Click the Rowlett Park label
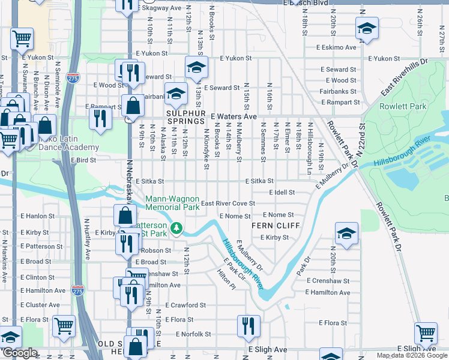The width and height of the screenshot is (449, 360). tap(403, 107)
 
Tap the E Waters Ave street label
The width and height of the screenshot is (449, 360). tap(234, 116)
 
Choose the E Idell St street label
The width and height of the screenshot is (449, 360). tap(279, 193)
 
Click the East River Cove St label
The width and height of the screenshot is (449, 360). tap(228, 204)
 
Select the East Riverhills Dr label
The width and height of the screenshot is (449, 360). tap(405, 77)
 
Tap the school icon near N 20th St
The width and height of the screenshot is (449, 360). tap(346, 233)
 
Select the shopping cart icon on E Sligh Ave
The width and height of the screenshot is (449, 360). tap(426, 332)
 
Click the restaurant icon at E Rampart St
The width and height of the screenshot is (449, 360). tap(100, 116)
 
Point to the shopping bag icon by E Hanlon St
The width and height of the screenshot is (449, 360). tap(124, 215)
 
